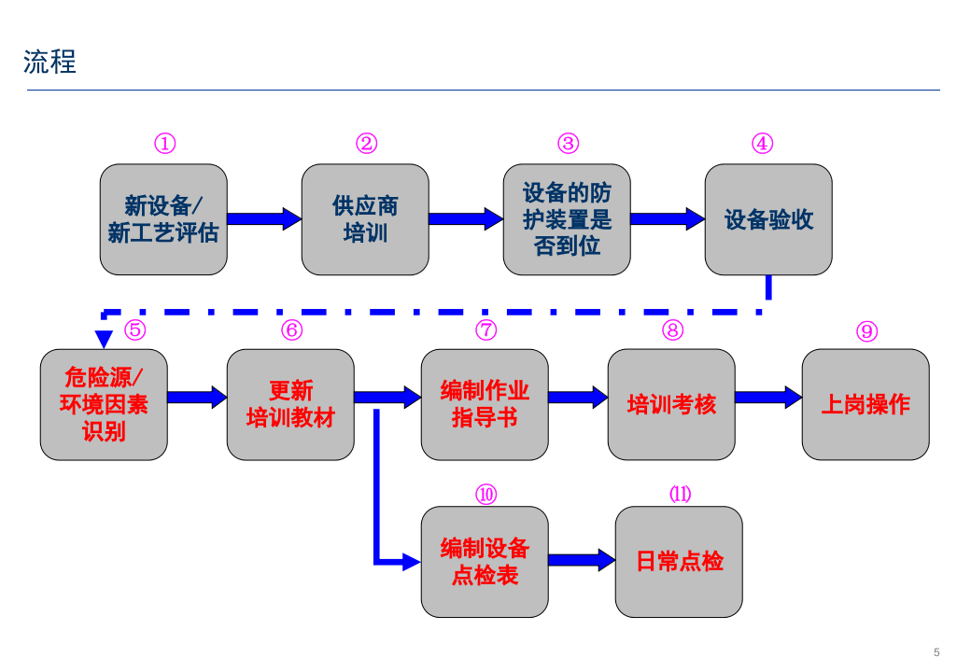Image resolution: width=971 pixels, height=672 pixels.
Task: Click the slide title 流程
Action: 49,63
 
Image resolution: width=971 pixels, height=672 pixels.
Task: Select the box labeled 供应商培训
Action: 365,219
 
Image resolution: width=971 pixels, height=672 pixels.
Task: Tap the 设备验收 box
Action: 768,219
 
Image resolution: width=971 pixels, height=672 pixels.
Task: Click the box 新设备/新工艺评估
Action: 163,219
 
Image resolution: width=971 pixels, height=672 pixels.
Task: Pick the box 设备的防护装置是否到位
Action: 567,219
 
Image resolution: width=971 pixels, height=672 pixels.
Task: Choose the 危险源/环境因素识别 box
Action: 104,404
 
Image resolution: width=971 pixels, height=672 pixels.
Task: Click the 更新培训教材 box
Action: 290,404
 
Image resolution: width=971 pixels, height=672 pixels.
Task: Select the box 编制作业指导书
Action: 485,404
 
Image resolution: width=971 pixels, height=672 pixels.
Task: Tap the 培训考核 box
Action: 671,404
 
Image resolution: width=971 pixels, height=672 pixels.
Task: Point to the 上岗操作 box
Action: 865,404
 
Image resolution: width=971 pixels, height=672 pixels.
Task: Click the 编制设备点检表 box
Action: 485,562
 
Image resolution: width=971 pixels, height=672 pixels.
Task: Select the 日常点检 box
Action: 679,562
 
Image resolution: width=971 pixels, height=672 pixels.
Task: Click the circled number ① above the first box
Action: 164,144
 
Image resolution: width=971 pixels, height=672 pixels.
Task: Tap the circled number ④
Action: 762,144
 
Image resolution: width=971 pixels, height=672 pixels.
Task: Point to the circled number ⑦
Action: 485,330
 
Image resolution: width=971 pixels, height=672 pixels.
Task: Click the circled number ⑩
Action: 485,495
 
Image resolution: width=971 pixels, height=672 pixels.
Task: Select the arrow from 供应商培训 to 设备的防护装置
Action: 465,219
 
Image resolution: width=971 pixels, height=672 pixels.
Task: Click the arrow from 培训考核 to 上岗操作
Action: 767,398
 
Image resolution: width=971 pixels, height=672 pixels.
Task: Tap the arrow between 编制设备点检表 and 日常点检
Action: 581,560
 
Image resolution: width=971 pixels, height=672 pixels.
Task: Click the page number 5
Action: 936,651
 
